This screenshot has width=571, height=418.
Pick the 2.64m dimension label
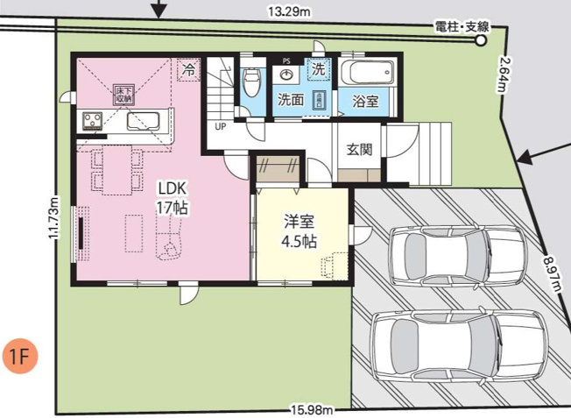(505, 74)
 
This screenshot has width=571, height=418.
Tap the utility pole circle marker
(480, 39)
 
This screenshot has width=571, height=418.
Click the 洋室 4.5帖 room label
(300, 231)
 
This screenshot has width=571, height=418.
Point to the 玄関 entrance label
(359, 150)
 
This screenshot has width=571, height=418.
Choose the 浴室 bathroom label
(365, 101)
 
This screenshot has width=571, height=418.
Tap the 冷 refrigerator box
(187, 69)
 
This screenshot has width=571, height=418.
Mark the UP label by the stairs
(219, 126)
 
